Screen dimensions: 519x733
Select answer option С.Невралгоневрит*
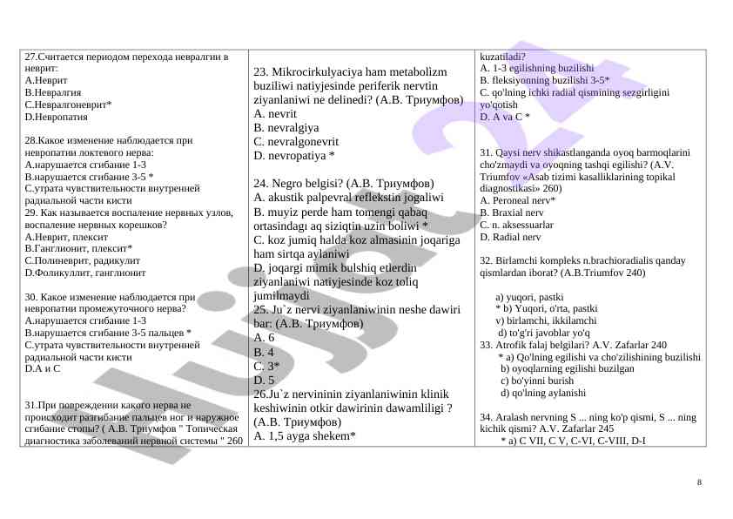click(69, 103)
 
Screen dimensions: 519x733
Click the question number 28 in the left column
click(30, 139)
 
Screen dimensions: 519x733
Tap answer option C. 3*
click(266, 366)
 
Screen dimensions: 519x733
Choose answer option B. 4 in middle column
click(264, 352)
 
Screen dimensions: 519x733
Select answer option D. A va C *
click(505, 116)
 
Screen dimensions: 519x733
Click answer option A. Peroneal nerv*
click(518, 200)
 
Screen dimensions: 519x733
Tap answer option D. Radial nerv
click(510, 236)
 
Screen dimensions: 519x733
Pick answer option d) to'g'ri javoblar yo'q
click(544, 333)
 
